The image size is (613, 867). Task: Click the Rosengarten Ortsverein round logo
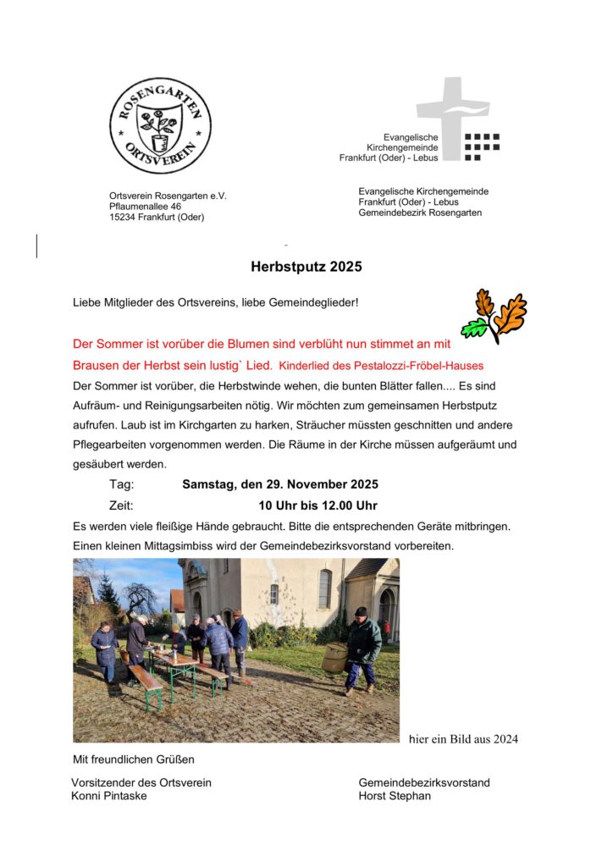click(x=160, y=125)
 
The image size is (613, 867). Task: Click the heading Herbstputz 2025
click(x=306, y=267)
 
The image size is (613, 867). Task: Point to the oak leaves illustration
click(x=494, y=316)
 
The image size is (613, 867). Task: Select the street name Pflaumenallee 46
click(x=145, y=206)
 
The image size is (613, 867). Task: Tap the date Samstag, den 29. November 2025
click(x=280, y=485)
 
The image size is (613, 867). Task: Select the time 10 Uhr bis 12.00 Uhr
click(x=318, y=506)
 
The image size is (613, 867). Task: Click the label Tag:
click(x=122, y=485)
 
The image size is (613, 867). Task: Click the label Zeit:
click(x=122, y=506)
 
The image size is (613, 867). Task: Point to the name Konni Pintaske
click(x=108, y=796)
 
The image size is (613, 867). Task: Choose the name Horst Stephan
click(x=395, y=796)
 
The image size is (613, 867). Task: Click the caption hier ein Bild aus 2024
click(x=463, y=739)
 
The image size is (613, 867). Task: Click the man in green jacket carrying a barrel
click(x=362, y=649)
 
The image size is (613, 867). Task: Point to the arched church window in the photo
click(x=324, y=589)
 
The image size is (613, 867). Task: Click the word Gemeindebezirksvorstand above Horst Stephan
click(x=423, y=782)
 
